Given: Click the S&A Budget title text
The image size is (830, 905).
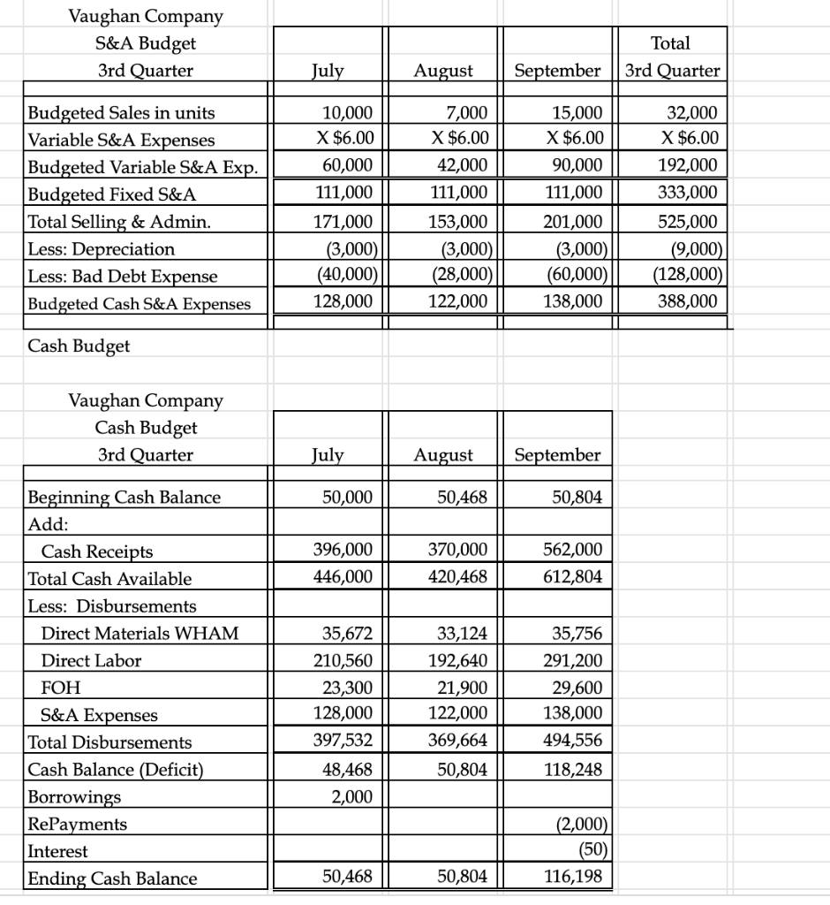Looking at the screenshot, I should click(146, 42).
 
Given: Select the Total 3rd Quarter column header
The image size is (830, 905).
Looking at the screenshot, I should click(671, 57).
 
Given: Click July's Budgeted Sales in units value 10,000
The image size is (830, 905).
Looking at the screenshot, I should click(351, 112).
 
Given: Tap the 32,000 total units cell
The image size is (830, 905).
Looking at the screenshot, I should click(694, 112).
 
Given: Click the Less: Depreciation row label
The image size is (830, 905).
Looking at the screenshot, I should click(102, 249).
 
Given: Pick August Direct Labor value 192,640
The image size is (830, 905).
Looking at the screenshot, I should click(462, 660).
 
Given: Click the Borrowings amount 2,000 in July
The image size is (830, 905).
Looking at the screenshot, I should click(352, 796).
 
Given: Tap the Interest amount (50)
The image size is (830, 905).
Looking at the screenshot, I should click(589, 851).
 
